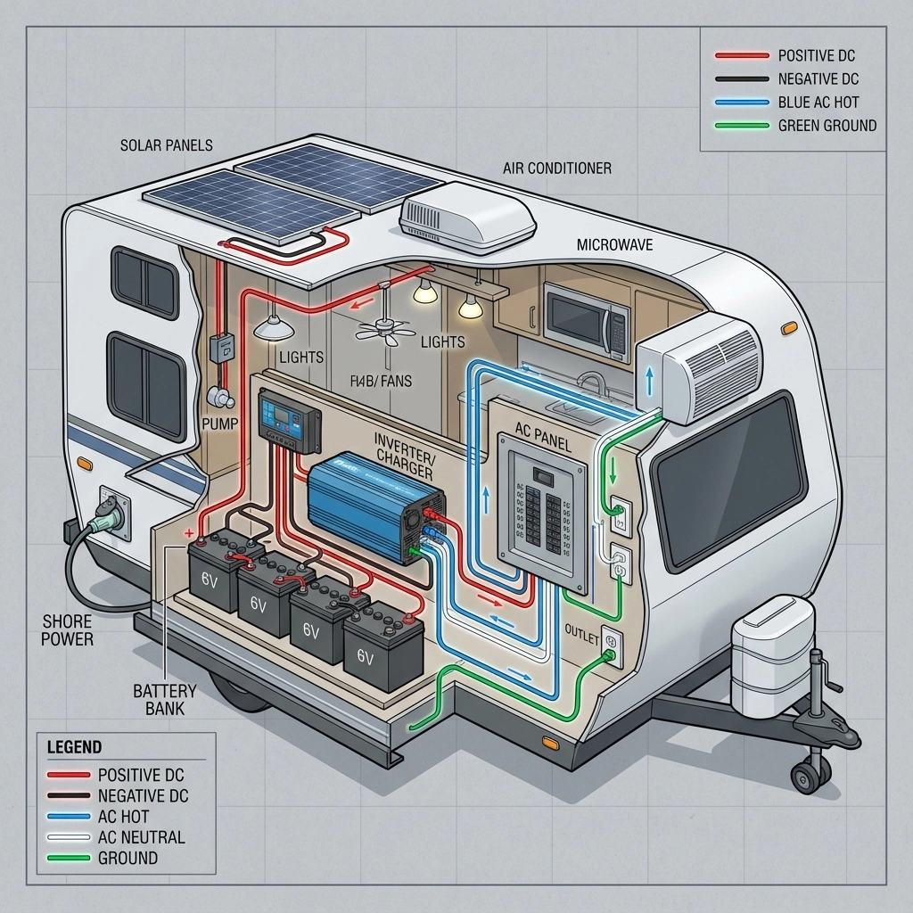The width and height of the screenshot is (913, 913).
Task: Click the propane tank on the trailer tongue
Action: tap(772, 657)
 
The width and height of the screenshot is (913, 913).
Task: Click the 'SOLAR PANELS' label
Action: tap(166, 144)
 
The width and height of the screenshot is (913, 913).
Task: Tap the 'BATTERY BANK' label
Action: tap(164, 700)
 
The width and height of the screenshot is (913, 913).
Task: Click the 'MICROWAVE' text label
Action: tap(615, 243)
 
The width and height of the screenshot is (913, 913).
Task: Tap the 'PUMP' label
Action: tap(220, 423)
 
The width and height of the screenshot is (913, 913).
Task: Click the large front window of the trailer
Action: tap(728, 481)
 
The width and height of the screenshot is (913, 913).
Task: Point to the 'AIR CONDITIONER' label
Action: tap(557, 168)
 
